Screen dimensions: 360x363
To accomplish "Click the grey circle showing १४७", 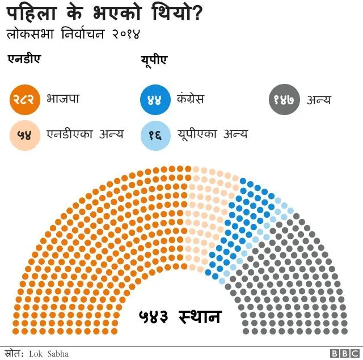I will click(x=284, y=100).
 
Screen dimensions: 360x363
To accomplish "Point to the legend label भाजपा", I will click(x=63, y=99).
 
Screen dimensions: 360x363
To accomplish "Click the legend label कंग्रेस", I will click(x=191, y=99).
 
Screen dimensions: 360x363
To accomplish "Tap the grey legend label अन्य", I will click(x=318, y=100).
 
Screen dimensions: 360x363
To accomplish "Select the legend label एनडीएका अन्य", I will click(x=85, y=134).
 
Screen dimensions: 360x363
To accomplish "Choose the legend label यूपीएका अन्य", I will click(x=212, y=134).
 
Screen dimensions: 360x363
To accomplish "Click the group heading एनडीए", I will click(x=24, y=60).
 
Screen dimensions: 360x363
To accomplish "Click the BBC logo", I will click(x=345, y=354).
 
